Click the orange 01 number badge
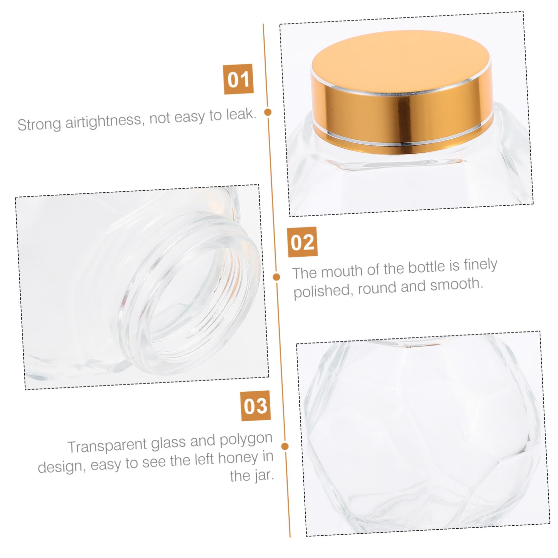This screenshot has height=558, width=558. click(x=238, y=79)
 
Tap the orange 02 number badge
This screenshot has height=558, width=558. click(x=302, y=242)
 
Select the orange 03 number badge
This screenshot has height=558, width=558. click(x=255, y=406)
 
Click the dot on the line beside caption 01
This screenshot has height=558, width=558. click(x=268, y=112)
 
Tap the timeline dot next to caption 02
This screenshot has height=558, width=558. click(x=276, y=277)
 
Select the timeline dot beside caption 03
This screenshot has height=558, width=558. click(x=285, y=446)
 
